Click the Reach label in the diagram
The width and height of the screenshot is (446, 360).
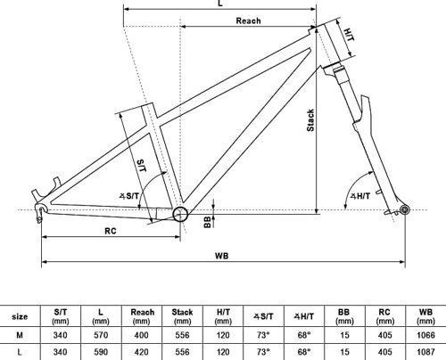coord(248,20)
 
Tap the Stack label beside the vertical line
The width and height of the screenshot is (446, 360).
coord(310,120)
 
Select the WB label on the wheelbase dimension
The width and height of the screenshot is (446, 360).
coord(222,256)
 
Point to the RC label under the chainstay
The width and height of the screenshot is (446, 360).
coord(111,231)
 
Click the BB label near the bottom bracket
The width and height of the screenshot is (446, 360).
coord(208,222)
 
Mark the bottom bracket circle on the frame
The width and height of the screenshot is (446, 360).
coord(180,214)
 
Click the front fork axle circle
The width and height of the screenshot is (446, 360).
coord(405,210)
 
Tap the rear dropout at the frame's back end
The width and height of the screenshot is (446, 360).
coord(40,211)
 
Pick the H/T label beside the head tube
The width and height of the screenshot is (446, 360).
coord(349,35)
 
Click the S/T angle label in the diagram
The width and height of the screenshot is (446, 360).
coord(129,196)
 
